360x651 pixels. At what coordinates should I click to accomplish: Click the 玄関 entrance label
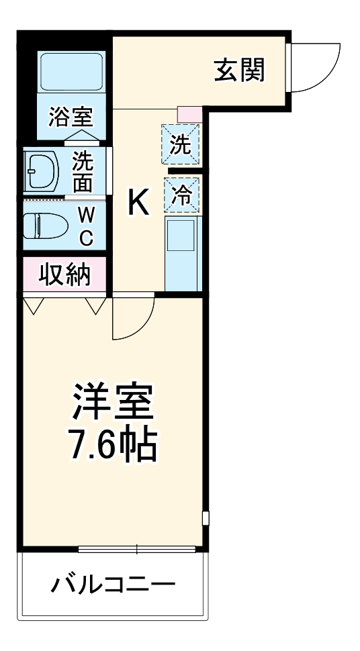(239, 69)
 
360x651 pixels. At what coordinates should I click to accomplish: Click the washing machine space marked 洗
(180, 145)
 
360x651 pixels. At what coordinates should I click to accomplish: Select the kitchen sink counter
(181, 252)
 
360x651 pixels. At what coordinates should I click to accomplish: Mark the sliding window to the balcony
(137, 550)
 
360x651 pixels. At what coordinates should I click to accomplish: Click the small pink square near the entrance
(189, 113)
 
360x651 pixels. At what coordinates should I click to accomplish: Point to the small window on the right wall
(206, 519)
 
